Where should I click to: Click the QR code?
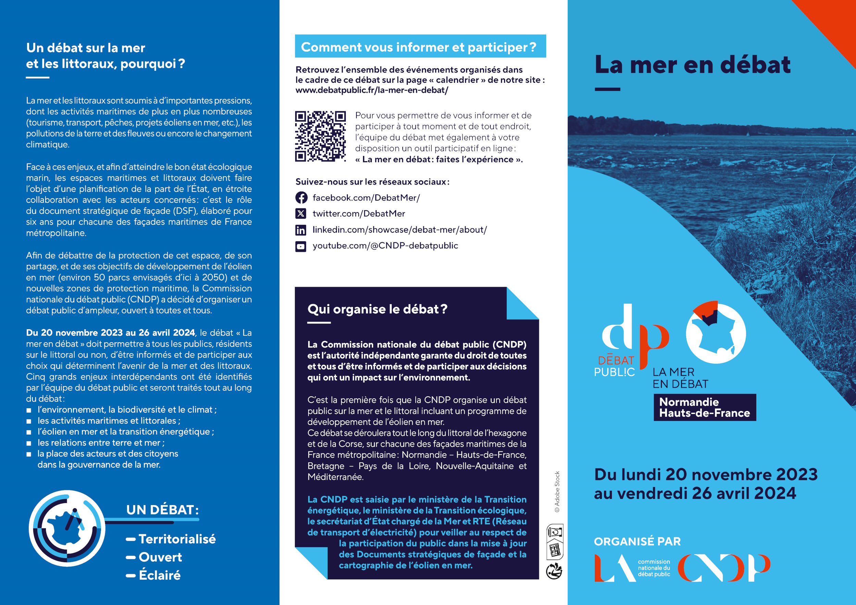pos(320,136)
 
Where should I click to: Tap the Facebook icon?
pos(301,197)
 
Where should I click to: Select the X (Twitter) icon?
pos(301,214)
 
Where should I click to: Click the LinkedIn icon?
pos(301,230)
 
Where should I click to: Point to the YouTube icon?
pos(301,246)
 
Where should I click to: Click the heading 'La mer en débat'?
pos(692,65)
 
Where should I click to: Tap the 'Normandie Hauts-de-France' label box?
pos(704,407)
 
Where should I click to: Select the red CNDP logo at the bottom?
pos(723,568)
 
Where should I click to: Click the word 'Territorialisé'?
pos(177,539)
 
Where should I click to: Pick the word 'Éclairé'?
pos(160,575)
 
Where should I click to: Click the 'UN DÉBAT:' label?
pos(163,510)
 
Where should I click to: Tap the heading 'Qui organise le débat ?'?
pos(377,309)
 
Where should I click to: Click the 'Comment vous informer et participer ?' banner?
pos(420,47)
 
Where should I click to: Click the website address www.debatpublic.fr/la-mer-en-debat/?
pos(372,90)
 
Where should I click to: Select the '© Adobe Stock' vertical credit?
pos(557,491)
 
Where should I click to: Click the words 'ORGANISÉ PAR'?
pos(637,541)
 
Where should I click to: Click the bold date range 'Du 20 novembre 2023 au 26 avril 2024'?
pos(110,333)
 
